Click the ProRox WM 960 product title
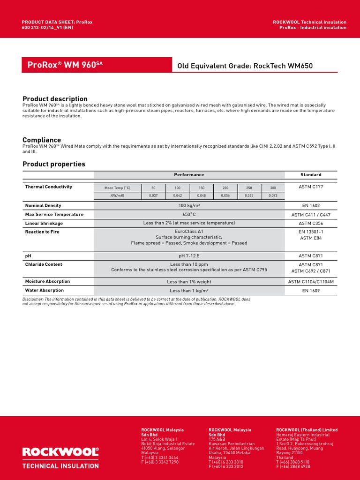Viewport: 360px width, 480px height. pyautogui.click(x=62, y=65)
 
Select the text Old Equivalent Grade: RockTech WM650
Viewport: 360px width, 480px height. pyautogui.click(x=245, y=66)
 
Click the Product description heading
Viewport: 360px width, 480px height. pyautogui.click(x=55, y=99)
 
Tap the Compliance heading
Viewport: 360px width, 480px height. pyautogui.click(x=42, y=140)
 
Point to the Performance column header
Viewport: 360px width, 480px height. pyautogui.click(x=189, y=175)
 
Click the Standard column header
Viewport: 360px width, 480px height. pyautogui.click(x=311, y=175)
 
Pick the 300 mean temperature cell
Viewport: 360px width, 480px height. pyautogui.click(x=273, y=187)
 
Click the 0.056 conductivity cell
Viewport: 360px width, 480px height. pyautogui.click(x=225, y=195)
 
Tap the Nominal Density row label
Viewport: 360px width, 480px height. pyautogui.click(x=43, y=205)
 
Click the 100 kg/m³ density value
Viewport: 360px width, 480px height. pyautogui.click(x=189, y=205)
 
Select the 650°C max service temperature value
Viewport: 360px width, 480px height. pyautogui.click(x=189, y=214)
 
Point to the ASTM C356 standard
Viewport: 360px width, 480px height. pyautogui.click(x=311, y=223)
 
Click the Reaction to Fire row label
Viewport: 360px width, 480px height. pyautogui.click(x=42, y=232)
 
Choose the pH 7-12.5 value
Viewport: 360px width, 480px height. pyautogui.click(x=189, y=255)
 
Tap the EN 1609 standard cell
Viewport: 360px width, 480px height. pyautogui.click(x=311, y=291)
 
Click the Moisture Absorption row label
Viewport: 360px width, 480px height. pyautogui.click(x=47, y=281)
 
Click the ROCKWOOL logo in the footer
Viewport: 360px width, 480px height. pyautogui.click(x=61, y=452)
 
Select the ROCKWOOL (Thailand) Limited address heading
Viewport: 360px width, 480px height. pyautogui.click(x=307, y=430)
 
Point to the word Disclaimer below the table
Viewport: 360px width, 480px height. pyautogui.click(x=32, y=299)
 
